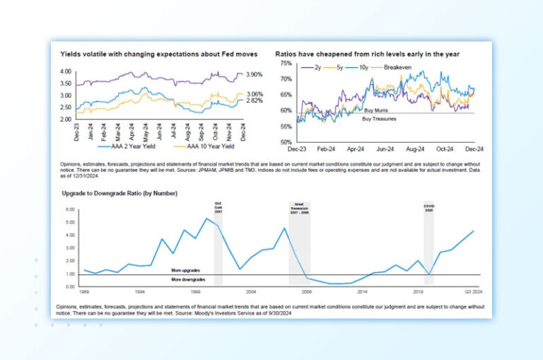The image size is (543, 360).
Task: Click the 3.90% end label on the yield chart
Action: point(254,74)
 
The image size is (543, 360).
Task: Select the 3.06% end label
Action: point(254,94)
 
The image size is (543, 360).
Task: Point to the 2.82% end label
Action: point(254,101)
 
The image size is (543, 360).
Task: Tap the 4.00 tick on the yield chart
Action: point(65,71)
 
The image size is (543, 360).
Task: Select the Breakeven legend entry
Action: point(399,68)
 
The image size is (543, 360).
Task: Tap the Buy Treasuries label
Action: point(379,118)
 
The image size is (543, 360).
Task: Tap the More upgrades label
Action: point(185,270)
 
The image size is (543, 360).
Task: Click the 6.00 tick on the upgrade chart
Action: point(69,210)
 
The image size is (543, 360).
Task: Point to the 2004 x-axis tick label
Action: point(251,291)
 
